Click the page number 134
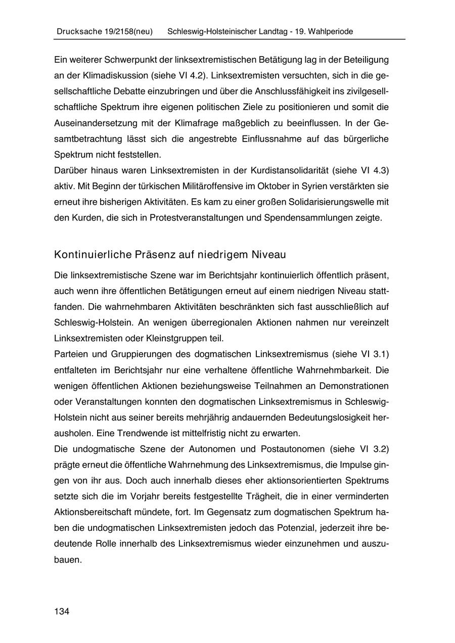point(62,612)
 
